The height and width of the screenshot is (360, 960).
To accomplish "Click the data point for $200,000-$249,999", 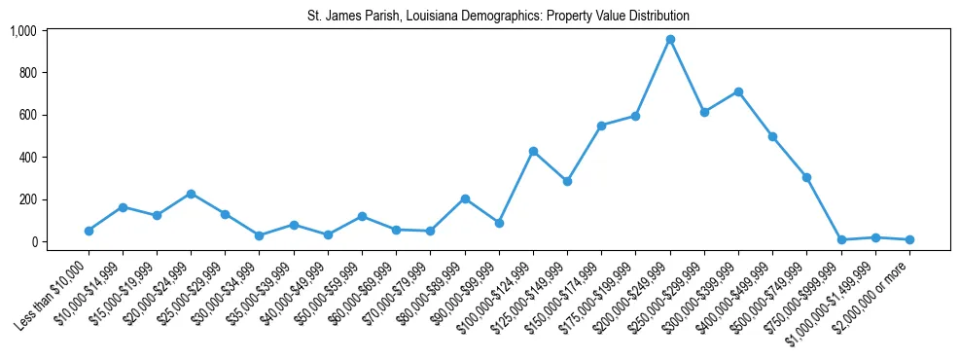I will point(670,39).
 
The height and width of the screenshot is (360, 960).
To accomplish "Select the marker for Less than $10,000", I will point(89,231).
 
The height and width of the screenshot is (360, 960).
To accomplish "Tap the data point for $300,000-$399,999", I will point(738,91).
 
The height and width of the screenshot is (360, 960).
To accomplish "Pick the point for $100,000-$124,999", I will point(533,151).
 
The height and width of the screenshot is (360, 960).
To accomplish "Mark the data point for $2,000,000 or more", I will point(909,239).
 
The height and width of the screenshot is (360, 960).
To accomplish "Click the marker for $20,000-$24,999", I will point(191,194).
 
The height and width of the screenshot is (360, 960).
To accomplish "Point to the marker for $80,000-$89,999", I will point(465,198).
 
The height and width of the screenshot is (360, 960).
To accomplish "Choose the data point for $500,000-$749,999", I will point(806,177).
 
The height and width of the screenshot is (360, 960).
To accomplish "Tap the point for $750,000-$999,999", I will point(841,239).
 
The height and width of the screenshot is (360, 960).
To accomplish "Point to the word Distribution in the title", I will point(657,16).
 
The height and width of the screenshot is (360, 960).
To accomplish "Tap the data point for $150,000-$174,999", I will point(601,126).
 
